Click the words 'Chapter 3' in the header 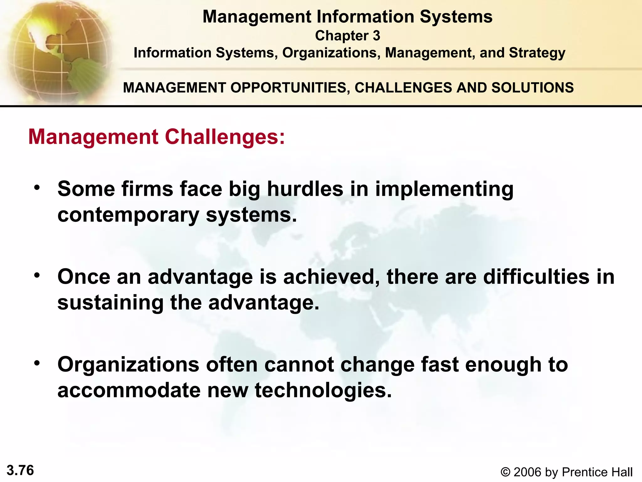(x=347, y=36)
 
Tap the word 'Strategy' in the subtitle (x=537, y=53)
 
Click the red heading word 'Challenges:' (x=225, y=137)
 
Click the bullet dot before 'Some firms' (x=37, y=188)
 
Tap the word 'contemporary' (x=128, y=216)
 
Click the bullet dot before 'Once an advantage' (x=37, y=276)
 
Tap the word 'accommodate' (x=129, y=390)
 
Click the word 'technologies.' (x=323, y=391)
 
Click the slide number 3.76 (x=20, y=470)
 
